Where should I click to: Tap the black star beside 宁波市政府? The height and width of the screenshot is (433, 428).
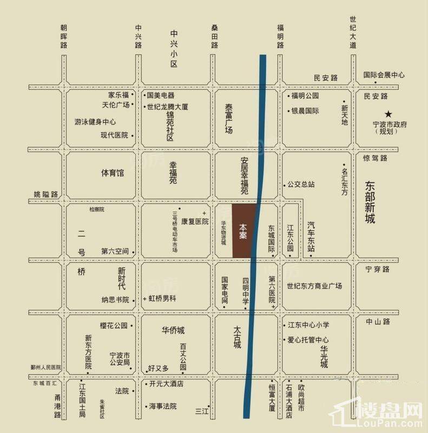tap(388, 114)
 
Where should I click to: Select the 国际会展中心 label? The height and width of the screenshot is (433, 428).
tap(384, 75)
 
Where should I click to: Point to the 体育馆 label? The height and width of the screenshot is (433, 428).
tap(113, 173)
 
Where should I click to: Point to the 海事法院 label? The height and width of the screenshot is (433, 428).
tap(163, 406)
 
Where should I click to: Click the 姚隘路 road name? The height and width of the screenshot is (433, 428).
tap(45, 194)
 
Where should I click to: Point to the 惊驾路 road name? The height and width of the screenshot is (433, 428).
tap(376, 158)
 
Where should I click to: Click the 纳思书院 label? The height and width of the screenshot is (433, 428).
tap(115, 299)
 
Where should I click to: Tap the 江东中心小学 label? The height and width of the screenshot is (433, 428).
tap(308, 325)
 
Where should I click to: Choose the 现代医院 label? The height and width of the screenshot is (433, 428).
tap(114, 135)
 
